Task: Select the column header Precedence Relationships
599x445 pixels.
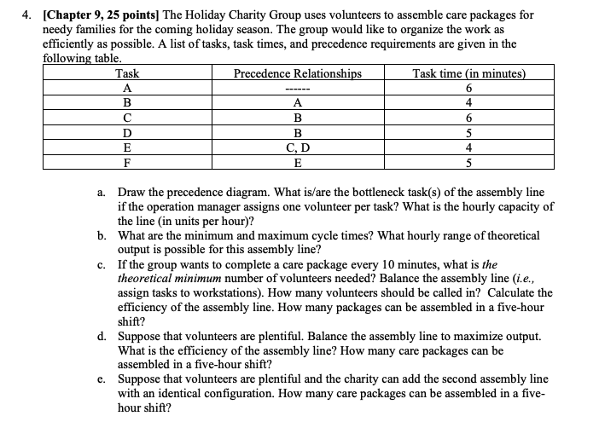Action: pos(298,73)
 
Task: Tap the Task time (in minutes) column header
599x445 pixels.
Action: pos(469,73)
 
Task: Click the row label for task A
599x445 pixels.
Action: pos(127,88)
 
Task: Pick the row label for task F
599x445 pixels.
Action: pos(127,160)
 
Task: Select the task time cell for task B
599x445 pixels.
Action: pos(469,102)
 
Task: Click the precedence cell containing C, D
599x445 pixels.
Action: pos(298,146)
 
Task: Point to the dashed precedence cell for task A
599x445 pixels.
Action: pos(298,89)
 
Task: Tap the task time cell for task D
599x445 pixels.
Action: pos(469,131)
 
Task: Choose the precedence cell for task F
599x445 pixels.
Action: pos(298,160)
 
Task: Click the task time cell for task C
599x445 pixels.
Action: pos(469,117)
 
